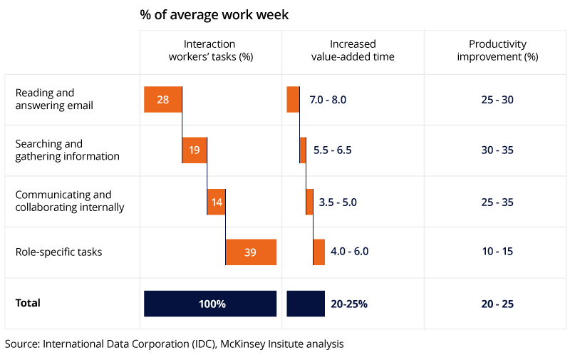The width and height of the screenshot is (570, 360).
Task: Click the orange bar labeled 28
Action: tap(163, 99)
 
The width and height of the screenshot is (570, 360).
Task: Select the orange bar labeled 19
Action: tap(195, 150)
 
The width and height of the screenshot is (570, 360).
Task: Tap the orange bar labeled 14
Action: tap(217, 202)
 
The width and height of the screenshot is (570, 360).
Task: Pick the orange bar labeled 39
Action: tap(251, 252)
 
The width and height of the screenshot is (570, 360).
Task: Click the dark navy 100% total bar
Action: tap(210, 304)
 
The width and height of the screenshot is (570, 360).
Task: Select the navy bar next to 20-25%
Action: tap(305, 304)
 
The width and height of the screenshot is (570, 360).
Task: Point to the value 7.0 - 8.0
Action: tap(328, 100)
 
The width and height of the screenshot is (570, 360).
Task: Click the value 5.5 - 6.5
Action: tap(333, 150)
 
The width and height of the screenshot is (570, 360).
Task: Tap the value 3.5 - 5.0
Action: tap(338, 202)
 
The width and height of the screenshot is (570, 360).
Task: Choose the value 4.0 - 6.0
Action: tap(350, 252)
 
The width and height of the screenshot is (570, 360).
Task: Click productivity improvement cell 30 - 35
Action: tap(497, 150)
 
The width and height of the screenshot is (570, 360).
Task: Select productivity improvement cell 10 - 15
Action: tap(497, 252)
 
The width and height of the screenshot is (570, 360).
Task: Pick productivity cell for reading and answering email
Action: tap(497, 100)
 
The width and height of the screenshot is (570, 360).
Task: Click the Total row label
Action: tap(28, 303)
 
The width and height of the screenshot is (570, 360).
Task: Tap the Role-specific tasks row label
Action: tap(58, 252)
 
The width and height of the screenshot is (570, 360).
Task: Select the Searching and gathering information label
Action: tap(67, 150)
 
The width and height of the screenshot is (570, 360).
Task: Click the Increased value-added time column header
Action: tap(353, 51)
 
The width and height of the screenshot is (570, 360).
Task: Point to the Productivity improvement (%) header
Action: tap(497, 51)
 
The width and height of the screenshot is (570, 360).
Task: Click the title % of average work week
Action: tap(214, 14)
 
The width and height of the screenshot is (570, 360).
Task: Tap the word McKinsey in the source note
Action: tap(243, 344)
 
